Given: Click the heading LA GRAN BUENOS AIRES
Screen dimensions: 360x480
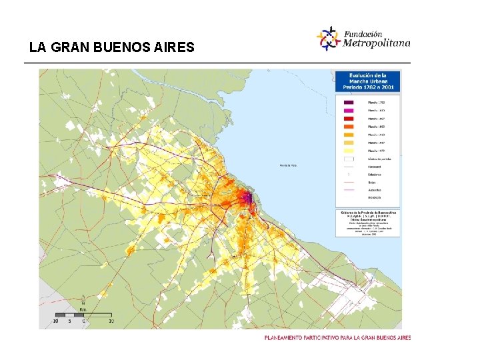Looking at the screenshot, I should pos(112,48).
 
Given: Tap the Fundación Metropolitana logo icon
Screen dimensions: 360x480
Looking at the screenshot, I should pos(328,38).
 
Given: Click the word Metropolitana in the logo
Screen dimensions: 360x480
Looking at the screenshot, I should pos(377,43).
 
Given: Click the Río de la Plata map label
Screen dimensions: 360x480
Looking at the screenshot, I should pos(288,165).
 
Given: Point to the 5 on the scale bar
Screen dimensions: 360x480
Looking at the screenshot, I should pos(69,321).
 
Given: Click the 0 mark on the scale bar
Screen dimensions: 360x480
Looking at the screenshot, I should pos(83,321).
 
